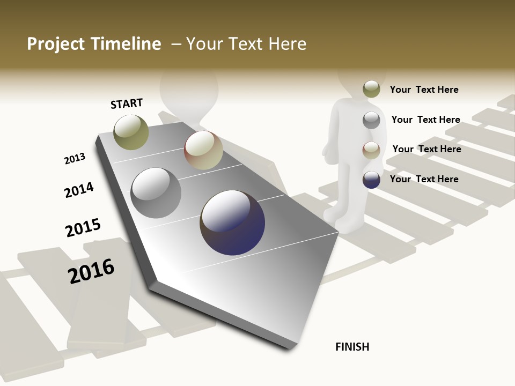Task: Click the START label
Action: tap(127, 103)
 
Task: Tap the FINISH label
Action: tap(352, 347)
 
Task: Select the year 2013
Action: tap(75, 159)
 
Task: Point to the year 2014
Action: tap(79, 190)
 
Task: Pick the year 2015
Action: tap(83, 228)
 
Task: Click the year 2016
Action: tap(91, 271)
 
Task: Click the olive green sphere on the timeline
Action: tap(131, 132)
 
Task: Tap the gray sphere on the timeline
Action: tap(156, 193)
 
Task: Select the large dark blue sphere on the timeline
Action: tap(232, 222)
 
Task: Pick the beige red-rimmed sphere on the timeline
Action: tap(203, 150)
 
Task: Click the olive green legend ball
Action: tap(371, 90)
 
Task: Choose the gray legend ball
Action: tap(371, 120)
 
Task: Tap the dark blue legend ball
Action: tap(371, 180)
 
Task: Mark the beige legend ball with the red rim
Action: tap(371, 150)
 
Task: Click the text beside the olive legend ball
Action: tap(424, 90)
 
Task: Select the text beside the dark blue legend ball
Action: tap(424, 179)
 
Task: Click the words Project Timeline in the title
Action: tap(94, 44)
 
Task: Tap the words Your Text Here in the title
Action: tap(246, 44)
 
